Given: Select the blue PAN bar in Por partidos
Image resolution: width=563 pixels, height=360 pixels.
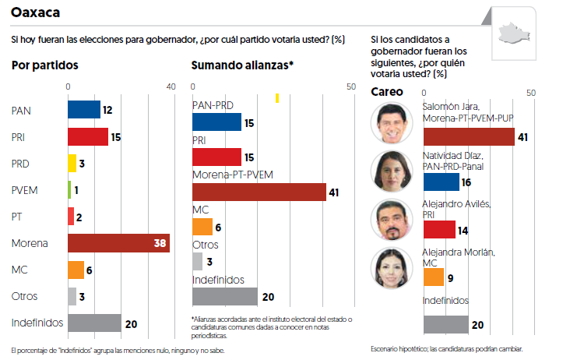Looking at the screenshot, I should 84,111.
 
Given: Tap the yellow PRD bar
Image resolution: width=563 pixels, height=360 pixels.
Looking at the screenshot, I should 72,164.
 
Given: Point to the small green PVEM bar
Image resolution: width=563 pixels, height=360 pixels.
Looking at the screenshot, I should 70,190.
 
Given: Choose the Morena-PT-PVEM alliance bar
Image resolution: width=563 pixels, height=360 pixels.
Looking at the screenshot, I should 259,192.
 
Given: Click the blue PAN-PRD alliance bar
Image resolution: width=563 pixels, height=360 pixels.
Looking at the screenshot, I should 216,122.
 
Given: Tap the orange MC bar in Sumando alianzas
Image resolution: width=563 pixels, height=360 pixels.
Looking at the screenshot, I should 202,227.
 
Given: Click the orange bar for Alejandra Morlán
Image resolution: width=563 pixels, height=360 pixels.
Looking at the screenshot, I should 433,277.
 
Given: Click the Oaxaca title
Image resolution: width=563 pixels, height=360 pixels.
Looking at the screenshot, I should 37,14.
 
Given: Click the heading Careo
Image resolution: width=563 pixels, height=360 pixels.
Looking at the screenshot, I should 385,92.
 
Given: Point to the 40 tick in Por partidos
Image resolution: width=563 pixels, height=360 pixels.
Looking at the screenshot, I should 171,86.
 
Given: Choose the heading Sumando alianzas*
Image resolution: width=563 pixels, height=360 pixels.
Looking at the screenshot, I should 242,65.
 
